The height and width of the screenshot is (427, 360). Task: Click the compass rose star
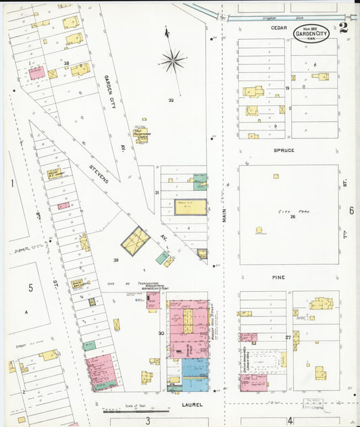(173, 60)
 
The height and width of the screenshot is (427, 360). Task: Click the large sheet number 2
(344, 28)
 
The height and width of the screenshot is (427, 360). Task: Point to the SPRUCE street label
(284, 150)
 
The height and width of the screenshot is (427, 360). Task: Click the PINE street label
(279, 278)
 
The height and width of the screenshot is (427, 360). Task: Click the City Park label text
(288, 212)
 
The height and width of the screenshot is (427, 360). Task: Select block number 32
(171, 100)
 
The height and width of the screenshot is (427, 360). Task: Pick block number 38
(67, 63)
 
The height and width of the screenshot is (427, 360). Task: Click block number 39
(115, 260)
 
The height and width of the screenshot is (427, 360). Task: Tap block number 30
(161, 333)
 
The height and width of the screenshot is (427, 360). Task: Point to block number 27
(288, 336)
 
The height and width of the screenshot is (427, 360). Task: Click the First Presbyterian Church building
(141, 132)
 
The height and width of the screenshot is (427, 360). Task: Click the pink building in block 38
(36, 72)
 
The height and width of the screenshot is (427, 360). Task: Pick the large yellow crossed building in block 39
(135, 240)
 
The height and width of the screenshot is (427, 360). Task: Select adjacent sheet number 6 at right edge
(351, 210)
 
